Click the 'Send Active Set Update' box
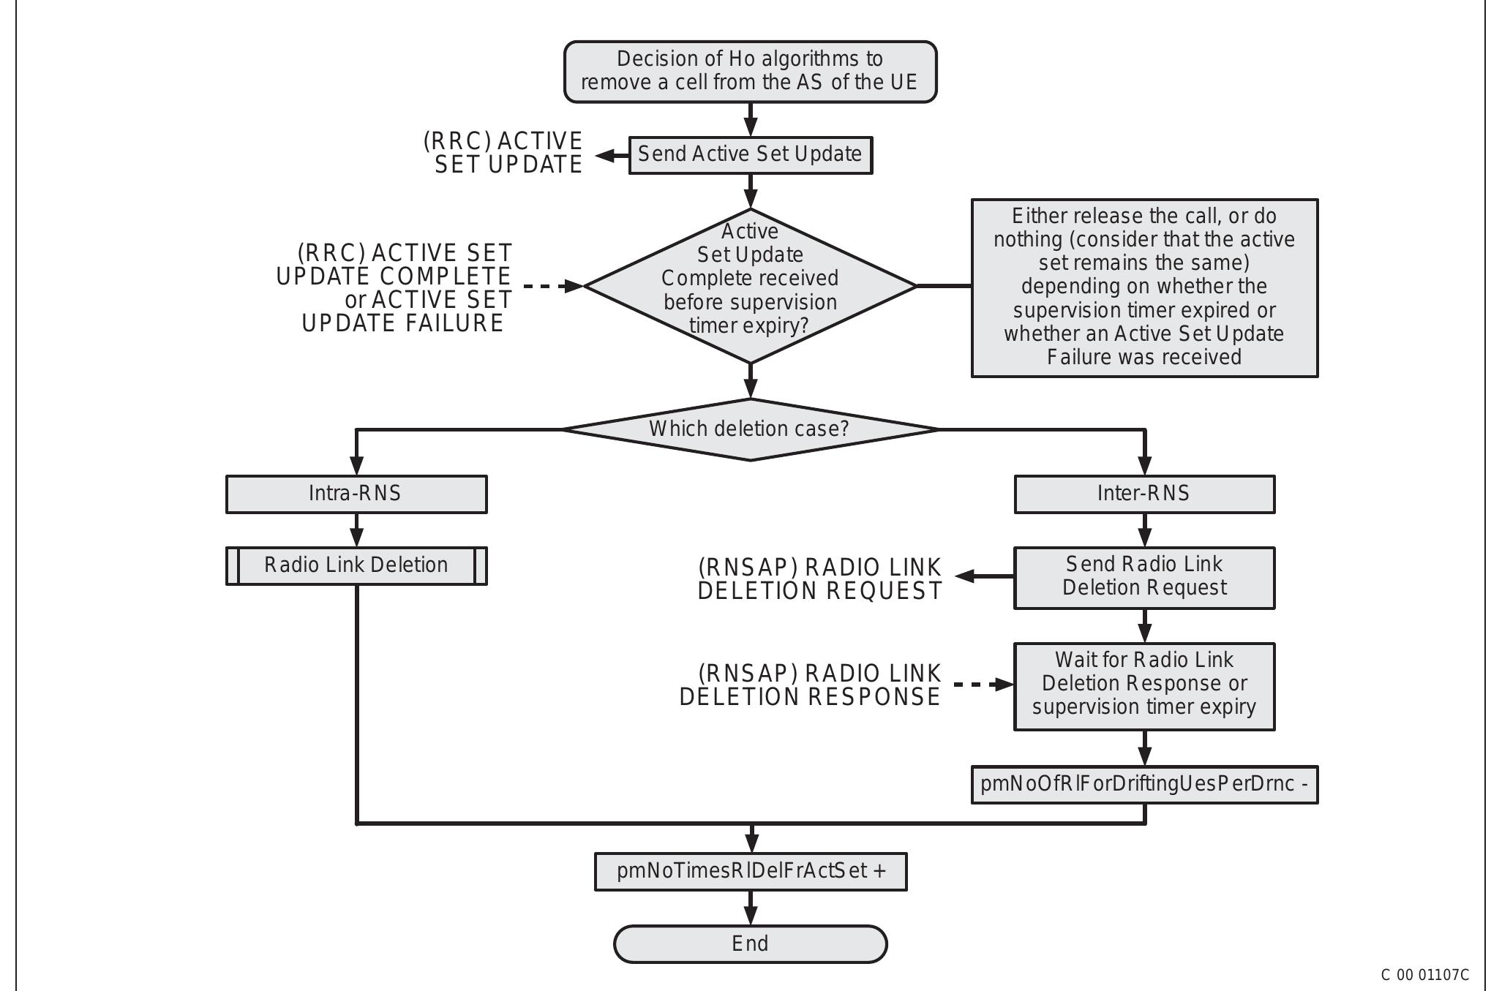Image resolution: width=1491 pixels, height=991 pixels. [x=750, y=154]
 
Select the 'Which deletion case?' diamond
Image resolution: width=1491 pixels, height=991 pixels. [x=750, y=429]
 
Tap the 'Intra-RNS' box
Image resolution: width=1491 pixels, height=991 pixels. [x=356, y=494]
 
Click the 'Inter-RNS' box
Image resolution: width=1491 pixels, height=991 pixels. [x=1143, y=494]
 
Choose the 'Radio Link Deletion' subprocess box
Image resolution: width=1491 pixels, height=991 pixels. [x=356, y=565]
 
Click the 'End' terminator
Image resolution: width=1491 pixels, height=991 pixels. [x=750, y=943]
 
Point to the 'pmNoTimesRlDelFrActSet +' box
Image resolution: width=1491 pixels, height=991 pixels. [x=750, y=871]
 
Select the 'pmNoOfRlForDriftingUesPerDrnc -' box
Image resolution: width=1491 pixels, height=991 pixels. [x=1143, y=784]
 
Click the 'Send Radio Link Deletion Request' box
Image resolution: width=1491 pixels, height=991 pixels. [x=1143, y=576]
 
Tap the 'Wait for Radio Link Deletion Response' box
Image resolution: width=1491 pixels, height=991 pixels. [x=1143, y=685]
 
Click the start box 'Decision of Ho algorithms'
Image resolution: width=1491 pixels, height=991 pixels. [x=750, y=71]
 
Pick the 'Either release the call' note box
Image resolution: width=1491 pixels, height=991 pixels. [x=1143, y=287]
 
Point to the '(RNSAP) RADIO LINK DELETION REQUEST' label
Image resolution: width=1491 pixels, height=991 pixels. [x=819, y=579]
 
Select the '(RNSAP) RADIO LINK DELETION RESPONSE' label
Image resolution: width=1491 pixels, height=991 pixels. [x=810, y=685]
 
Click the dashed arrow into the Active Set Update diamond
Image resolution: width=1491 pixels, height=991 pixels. [x=552, y=286]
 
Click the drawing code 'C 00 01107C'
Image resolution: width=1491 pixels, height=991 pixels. [x=1424, y=975]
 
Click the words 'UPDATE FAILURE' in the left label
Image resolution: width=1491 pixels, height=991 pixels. [x=402, y=323]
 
